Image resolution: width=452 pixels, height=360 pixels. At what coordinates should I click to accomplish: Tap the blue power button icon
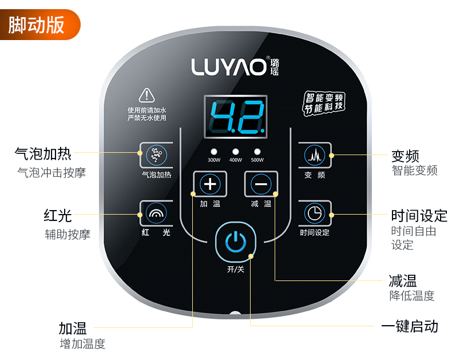235,243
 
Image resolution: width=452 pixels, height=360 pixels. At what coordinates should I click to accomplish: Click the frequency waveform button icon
314,154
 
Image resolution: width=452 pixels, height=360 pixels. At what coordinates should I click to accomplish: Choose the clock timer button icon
314,213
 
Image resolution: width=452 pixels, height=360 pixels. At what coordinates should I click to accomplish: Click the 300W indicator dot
214,152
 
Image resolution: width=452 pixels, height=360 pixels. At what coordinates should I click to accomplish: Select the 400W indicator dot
236,152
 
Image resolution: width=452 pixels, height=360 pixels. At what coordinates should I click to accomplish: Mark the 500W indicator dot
257,152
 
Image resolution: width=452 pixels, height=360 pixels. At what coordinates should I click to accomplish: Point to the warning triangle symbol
147,95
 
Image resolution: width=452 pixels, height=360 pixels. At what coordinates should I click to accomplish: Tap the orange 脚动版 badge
38,24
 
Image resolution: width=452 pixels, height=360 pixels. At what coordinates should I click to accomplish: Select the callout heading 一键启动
410,326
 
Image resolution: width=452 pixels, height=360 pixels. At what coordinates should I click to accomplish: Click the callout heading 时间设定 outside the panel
419,216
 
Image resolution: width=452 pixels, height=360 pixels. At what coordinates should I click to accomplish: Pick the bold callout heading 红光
58,216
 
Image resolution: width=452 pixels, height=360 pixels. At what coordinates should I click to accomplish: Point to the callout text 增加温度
83,344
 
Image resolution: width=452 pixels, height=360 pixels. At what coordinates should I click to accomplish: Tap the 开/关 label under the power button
235,269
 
